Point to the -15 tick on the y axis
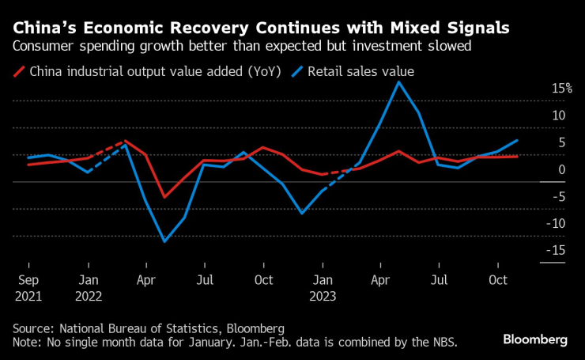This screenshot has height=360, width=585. [x=557, y=250]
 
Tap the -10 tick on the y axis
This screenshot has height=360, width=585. [x=557, y=223]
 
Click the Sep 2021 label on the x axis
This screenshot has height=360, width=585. [x=28, y=287]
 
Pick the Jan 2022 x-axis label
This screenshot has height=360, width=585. [x=89, y=287]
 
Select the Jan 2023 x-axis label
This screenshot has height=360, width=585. [x=322, y=287]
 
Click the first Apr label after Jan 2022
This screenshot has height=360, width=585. [x=146, y=280]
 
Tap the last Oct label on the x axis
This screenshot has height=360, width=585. [x=497, y=280]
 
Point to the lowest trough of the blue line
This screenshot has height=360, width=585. [x=164, y=241]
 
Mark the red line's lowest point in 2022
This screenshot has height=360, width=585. [x=164, y=197]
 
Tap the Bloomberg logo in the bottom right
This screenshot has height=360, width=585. [x=535, y=339]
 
